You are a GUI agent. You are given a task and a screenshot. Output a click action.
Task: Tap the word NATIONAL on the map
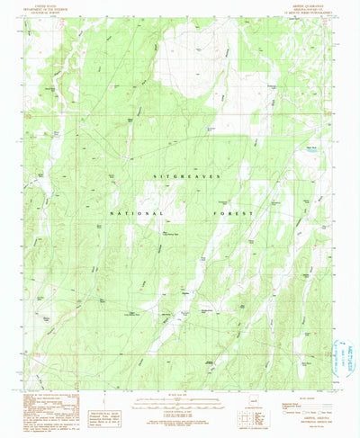tap(137, 214)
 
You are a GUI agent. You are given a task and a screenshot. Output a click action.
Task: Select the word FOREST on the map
tap(244, 214)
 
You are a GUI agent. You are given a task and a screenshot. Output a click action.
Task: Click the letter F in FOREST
tap(225, 214)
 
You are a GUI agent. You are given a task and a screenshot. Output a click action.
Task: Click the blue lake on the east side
tap(310, 150)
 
